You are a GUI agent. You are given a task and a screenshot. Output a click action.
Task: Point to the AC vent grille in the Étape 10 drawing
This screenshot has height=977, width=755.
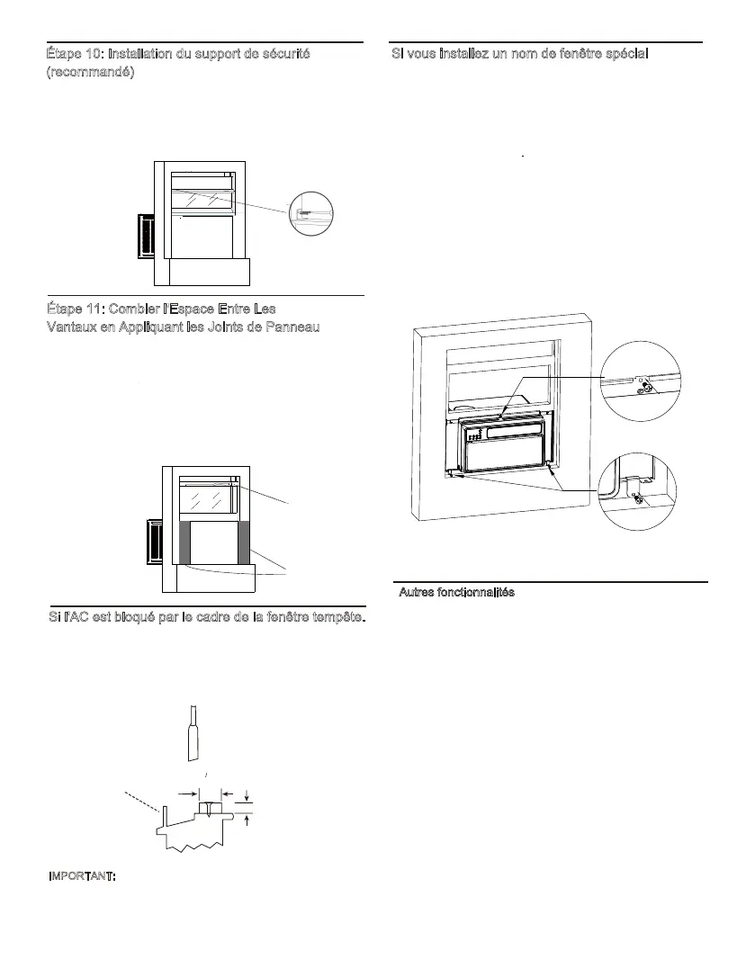click(145, 237)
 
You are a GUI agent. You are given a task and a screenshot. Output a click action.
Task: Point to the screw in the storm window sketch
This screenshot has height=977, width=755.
click(209, 808)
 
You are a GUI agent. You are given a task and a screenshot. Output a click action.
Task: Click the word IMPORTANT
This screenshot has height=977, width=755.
click(81, 877)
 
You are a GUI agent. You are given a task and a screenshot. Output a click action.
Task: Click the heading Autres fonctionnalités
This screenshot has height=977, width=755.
click(456, 593)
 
